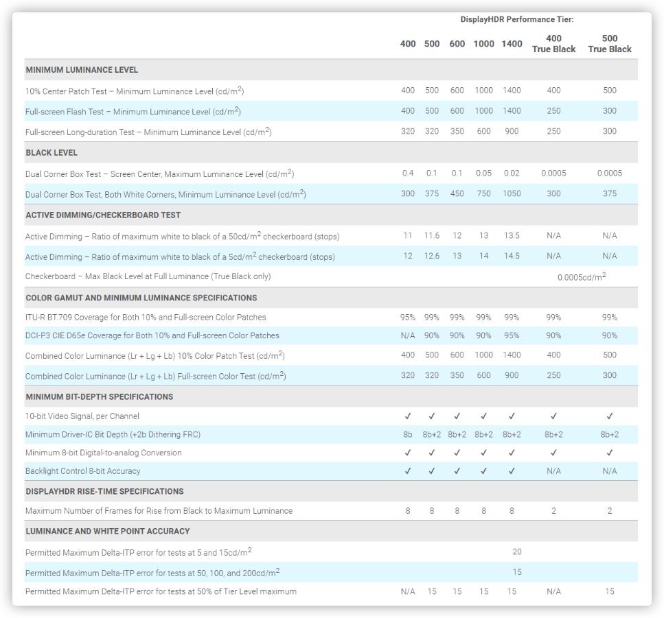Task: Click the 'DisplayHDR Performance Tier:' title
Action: pos(516,19)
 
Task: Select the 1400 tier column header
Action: pos(512,44)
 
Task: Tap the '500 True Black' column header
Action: pos(609,44)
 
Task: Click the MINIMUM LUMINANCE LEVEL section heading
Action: pos(82,70)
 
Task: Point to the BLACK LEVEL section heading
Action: pos(51,153)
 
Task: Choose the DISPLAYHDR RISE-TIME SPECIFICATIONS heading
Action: pos(104,492)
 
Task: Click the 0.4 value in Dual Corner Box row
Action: pos(408,174)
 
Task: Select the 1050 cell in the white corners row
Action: pos(512,194)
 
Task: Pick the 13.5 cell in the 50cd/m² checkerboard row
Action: pos(512,236)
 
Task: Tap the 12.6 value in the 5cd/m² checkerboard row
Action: pos(431,257)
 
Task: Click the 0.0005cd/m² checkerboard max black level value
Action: pos(582,277)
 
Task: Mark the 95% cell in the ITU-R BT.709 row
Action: pos(408,318)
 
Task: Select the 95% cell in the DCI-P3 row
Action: pos(512,336)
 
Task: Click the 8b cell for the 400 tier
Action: pos(408,435)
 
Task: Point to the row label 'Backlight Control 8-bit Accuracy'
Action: pos(84,471)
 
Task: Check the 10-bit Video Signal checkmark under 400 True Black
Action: pos(553,416)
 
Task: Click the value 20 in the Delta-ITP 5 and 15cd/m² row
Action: pos(517,552)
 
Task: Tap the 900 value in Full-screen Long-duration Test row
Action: pos(512,132)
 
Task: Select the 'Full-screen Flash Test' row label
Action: pos(133,112)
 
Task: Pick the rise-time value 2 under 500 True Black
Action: pos(609,511)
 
